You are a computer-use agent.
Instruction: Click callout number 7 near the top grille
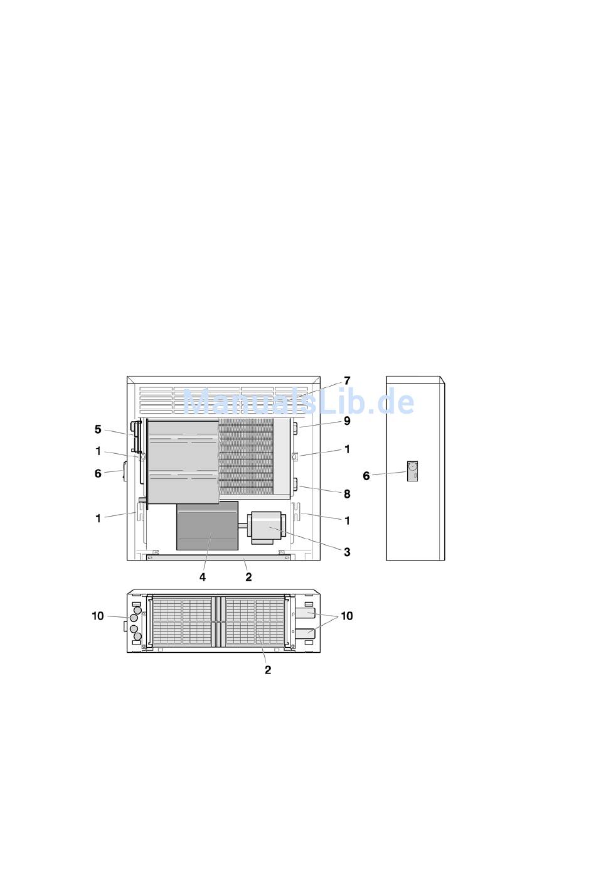pyautogui.click(x=347, y=380)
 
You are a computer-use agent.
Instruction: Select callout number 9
pyautogui.click(x=347, y=421)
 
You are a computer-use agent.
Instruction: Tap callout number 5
pyautogui.click(x=98, y=429)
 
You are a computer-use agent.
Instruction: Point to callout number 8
pyautogui.click(x=347, y=494)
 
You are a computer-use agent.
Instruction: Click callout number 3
pyautogui.click(x=347, y=552)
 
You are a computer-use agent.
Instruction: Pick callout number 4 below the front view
pyautogui.click(x=202, y=577)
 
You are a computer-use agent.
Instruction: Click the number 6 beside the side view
pyautogui.click(x=366, y=476)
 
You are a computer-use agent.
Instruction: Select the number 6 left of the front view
pyautogui.click(x=98, y=473)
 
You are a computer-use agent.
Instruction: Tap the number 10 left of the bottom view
pyautogui.click(x=98, y=616)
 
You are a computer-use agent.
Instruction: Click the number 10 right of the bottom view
pyautogui.click(x=347, y=616)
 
